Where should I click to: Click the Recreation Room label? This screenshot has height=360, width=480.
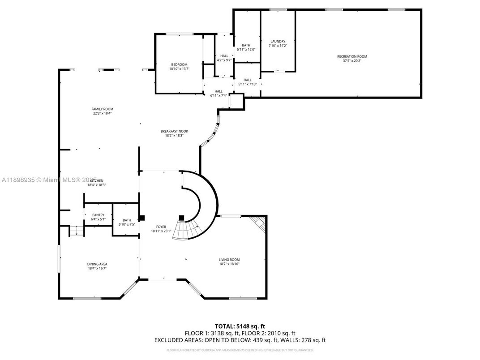(352, 56)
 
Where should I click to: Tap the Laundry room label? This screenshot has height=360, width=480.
(278, 42)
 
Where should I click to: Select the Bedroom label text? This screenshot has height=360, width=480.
(179, 64)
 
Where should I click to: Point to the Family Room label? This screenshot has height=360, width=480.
(102, 109)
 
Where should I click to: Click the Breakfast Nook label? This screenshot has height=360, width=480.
(174, 131)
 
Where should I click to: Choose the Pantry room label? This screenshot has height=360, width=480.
(98, 215)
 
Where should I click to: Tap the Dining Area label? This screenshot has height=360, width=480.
(97, 264)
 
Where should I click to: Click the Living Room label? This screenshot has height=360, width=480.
(229, 260)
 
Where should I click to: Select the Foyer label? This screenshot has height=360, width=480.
(161, 227)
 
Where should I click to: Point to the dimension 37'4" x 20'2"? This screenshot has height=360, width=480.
(352, 61)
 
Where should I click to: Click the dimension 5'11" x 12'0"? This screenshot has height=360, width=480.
(246, 50)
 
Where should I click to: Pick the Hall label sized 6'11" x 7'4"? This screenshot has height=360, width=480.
(218, 91)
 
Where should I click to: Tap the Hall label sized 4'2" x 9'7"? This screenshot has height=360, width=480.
(224, 56)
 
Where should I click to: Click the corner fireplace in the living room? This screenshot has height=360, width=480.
(259, 223)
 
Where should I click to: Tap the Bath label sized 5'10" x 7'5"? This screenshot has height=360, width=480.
(127, 220)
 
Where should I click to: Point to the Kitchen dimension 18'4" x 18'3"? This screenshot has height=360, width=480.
(97, 185)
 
